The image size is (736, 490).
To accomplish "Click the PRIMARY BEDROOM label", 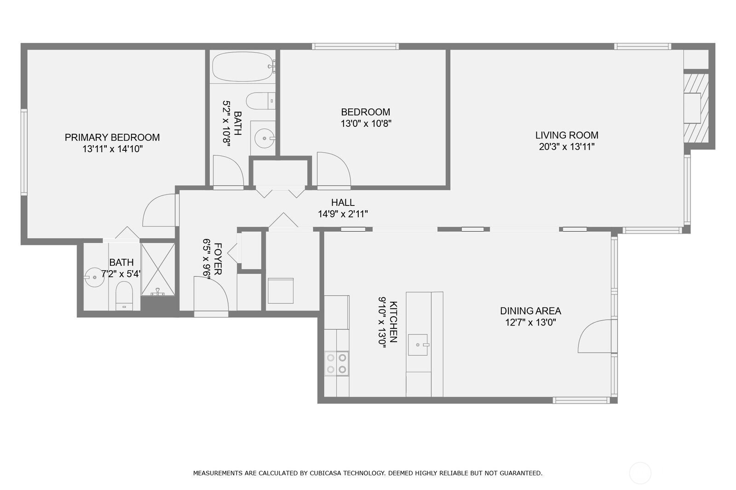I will (x=112, y=137).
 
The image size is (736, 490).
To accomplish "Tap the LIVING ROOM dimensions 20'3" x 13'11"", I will (x=567, y=147).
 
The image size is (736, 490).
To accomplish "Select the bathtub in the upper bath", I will (x=242, y=67).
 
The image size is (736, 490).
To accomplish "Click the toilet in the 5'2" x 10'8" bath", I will (x=260, y=101).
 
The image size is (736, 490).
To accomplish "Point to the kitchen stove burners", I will (x=336, y=363).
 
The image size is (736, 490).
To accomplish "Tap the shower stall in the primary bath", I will (x=158, y=269).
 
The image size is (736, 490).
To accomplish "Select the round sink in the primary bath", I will (x=94, y=277).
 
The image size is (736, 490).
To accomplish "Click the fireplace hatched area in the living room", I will (x=695, y=108).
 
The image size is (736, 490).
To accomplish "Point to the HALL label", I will (x=343, y=203).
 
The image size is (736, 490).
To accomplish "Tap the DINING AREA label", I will (x=530, y=311).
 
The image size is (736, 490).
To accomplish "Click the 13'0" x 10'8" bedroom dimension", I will (x=366, y=124).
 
